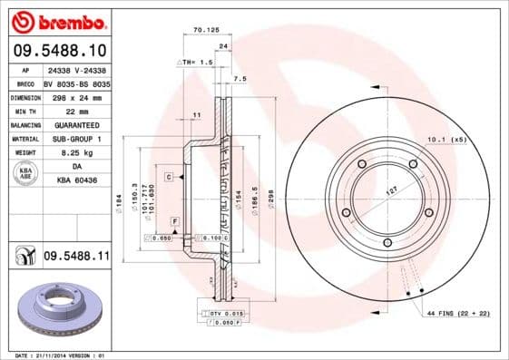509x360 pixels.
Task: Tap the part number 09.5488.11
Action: tap(76, 258)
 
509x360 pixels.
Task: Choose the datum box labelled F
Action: tap(174, 221)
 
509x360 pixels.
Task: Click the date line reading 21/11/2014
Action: tap(57, 355)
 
